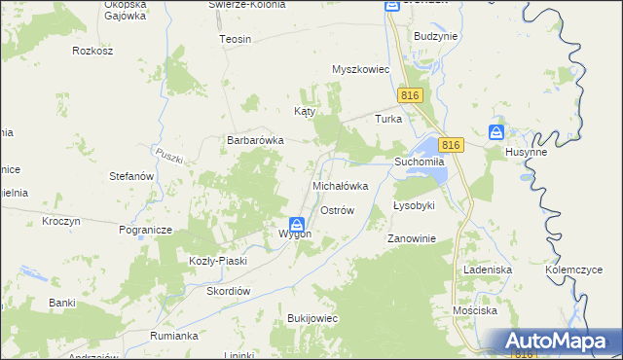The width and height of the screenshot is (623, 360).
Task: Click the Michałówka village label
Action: coord(340,185)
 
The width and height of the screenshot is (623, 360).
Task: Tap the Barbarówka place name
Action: coord(255,140)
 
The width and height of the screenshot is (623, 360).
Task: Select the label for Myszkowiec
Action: coord(360,70)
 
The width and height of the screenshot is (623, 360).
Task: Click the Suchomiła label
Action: coord(420,161)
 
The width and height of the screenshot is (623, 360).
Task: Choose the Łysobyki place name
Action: coord(414,206)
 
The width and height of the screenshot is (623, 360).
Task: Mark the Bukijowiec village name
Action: coord(311,318)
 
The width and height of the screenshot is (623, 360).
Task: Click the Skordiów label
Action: coord(229,291)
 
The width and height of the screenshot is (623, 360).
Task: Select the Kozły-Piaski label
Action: coord(218,261)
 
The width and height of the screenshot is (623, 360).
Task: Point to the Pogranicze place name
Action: coord(145,230)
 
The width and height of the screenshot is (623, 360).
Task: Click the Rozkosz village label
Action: coord(93,49)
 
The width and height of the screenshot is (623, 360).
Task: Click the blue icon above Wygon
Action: coord(295,223)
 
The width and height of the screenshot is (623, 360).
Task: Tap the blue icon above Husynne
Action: coord(495,132)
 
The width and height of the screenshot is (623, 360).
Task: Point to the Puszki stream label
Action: coord(168,159)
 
